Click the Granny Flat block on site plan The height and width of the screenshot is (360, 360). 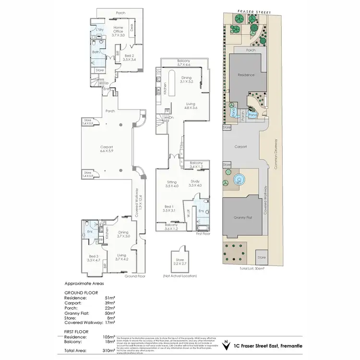point(244,217)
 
